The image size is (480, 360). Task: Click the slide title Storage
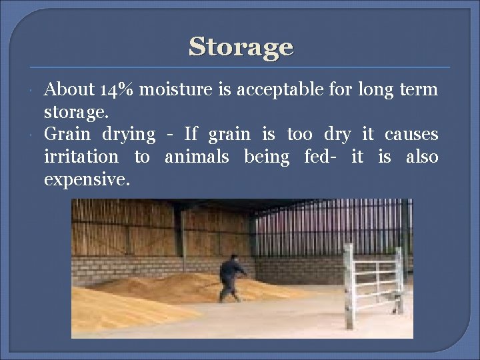241,47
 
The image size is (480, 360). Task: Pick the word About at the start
69,89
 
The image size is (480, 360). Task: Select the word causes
411,135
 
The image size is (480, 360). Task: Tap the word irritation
81,157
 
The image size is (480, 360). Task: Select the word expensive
87,180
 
